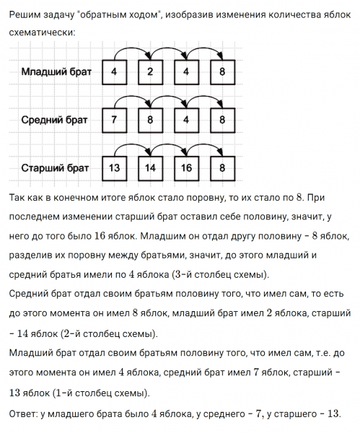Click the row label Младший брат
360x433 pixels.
55,72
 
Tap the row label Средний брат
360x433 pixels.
55,121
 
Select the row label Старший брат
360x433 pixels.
55,168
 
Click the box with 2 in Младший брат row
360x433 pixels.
150,72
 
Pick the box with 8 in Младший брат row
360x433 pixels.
223,72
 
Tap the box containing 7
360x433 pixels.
114,121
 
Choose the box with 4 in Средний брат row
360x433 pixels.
186,121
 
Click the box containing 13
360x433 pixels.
114,168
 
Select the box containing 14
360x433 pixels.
150,168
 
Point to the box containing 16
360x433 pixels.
186,168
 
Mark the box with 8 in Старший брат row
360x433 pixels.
223,168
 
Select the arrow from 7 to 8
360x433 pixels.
132,99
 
